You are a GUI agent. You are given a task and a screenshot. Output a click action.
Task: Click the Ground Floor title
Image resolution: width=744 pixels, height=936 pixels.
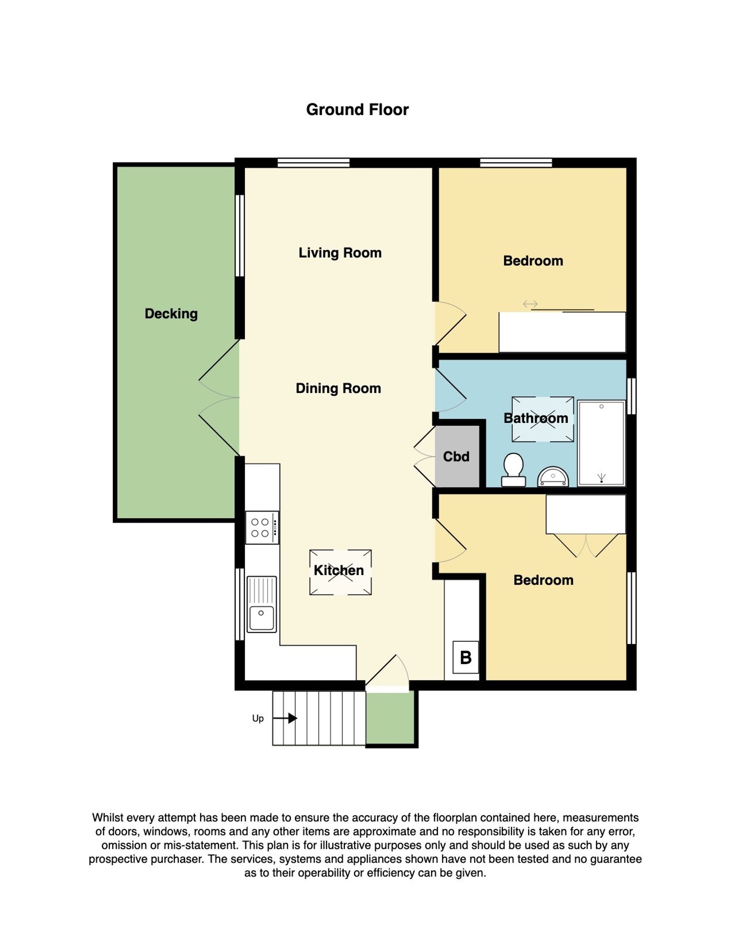(357, 109)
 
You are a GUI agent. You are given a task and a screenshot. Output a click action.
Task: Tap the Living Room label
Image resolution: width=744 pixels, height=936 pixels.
(340, 253)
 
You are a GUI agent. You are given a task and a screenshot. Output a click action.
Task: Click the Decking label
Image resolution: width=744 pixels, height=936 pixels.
(171, 314)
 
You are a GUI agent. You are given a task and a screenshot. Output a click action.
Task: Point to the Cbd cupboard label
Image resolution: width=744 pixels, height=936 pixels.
(456, 456)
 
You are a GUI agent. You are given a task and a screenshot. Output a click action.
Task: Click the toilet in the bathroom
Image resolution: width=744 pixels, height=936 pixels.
(513, 470)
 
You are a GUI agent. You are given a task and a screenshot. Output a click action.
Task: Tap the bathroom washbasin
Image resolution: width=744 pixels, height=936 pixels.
(553, 477)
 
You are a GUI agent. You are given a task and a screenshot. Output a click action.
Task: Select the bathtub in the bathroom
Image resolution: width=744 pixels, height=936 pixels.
(601, 443)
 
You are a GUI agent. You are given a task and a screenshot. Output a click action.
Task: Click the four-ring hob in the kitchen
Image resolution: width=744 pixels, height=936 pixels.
(262, 527)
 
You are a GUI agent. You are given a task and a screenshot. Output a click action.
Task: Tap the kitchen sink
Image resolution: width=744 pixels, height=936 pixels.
(262, 604)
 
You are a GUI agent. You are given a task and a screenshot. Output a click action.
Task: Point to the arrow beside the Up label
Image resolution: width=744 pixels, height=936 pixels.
(285, 718)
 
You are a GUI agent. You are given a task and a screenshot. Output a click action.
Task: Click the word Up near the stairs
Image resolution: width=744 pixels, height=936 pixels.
(258, 718)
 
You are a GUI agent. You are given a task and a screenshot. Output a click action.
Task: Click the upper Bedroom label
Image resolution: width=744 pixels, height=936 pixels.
(533, 261)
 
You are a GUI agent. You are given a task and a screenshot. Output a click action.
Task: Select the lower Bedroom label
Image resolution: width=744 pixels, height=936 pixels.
(543, 580)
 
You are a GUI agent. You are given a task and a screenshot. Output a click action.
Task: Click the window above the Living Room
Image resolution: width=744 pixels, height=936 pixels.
(314, 163)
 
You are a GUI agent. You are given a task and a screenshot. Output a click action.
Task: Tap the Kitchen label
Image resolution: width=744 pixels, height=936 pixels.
(339, 570)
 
